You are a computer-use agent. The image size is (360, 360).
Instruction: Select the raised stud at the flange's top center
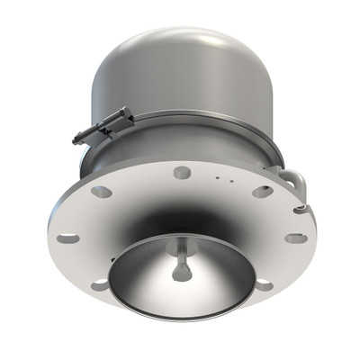(182, 172)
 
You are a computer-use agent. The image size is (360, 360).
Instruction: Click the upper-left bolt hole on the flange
(102, 191)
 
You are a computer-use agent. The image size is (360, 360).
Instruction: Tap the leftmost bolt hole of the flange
(68, 238)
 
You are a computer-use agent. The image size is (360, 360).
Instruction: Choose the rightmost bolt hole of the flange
(295, 238)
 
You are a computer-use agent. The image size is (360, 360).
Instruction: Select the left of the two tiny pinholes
(217, 179)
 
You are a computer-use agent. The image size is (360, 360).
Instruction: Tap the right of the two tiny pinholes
(231, 180)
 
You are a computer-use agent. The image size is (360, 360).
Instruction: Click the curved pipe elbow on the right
(295, 180)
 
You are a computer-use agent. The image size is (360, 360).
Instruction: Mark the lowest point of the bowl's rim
(180, 318)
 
